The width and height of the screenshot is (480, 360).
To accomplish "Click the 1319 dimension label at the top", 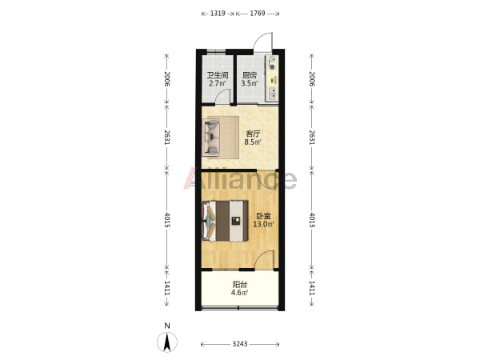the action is (218, 14).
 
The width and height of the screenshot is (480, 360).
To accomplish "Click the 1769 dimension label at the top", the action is (258, 14).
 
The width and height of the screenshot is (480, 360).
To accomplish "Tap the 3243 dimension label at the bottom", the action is (240, 344).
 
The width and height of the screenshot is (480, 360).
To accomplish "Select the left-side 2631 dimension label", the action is (167, 138).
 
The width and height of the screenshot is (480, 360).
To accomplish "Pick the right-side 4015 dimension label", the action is (311, 220).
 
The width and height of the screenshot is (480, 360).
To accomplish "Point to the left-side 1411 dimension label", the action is (167, 288).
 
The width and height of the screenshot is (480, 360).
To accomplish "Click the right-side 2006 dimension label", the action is (311, 79).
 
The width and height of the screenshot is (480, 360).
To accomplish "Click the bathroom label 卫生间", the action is (218, 75).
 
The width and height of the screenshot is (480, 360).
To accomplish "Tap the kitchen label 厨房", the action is (249, 75).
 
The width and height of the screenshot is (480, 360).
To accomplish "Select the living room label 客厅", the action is (253, 134).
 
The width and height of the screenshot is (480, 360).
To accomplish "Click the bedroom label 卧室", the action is (263, 216).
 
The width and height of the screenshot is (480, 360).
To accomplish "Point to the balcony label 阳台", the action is (240, 285).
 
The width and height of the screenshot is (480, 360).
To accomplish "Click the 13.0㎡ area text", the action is (263, 224).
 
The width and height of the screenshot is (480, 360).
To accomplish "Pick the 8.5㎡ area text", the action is (253, 142).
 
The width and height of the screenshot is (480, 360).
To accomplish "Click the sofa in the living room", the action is (211, 137).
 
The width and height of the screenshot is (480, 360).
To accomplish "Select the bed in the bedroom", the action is (226, 221).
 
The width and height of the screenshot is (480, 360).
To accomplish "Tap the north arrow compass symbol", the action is (167, 342).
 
